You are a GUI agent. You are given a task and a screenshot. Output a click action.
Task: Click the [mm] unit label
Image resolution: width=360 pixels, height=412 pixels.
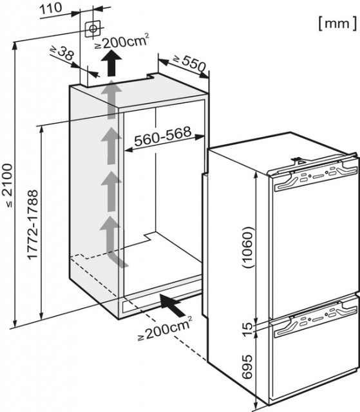click(x=337, y=23)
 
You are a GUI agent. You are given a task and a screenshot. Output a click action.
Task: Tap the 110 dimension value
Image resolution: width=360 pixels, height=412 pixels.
click(x=51, y=8)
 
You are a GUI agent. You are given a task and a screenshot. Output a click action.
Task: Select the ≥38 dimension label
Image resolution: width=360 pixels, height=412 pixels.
click(x=62, y=53)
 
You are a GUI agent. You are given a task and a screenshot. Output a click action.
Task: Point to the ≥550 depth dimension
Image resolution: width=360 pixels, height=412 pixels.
click(x=189, y=63)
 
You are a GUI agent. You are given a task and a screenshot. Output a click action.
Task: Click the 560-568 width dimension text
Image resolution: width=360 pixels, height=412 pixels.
click(x=163, y=136)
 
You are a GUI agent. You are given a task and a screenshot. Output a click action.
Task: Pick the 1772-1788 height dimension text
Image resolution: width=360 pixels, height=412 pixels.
click(x=33, y=225)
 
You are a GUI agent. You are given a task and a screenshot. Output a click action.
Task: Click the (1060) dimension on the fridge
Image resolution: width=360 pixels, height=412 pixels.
click(x=247, y=247)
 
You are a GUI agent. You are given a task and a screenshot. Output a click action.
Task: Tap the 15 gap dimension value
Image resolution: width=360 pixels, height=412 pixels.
click(x=247, y=330)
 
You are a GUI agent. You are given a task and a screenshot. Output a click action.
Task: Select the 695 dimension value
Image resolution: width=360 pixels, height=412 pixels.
click(x=247, y=366)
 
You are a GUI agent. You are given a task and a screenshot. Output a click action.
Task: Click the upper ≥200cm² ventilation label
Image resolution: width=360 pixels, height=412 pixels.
click(x=122, y=41)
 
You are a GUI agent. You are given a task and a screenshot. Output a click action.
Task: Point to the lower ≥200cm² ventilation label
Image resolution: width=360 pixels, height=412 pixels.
click(x=165, y=329)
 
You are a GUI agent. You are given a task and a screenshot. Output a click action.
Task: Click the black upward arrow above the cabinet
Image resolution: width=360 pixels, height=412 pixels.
click(x=111, y=63)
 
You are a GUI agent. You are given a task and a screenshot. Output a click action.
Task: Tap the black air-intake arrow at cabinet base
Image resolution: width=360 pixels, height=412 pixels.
click(x=173, y=305)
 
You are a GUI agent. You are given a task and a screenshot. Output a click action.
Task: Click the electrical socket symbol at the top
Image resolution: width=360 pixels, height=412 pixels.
click(x=93, y=28)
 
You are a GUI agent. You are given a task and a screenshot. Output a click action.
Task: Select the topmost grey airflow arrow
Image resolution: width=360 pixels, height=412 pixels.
click(x=111, y=100)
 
